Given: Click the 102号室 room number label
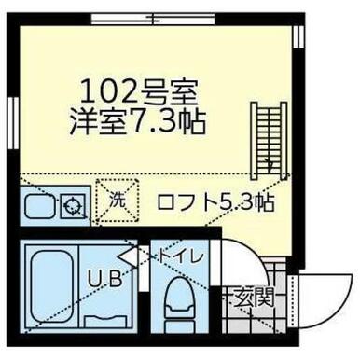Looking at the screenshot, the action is (x=139, y=91).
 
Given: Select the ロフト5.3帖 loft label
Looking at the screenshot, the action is (x=215, y=202).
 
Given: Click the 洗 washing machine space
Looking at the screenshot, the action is (x=118, y=201).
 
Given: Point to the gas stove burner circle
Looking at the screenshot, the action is (x=72, y=206).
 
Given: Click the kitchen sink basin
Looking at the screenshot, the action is (x=40, y=205).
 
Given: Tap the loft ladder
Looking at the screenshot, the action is (x=270, y=140).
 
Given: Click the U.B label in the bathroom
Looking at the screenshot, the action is (x=104, y=279).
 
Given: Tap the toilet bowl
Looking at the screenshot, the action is (x=181, y=297).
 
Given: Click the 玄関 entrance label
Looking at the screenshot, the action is (x=254, y=298).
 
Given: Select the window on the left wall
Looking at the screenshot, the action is (x=13, y=122).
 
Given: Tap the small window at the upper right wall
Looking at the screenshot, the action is (x=298, y=36).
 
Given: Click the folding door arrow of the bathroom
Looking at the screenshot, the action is (x=128, y=256).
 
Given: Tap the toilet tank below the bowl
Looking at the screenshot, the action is (x=181, y=326).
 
